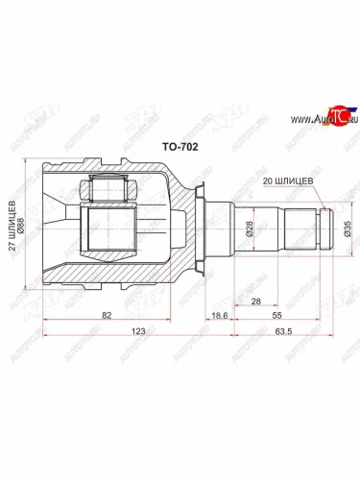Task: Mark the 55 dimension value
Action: pos(276,314)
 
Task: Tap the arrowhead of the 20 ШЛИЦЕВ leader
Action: pos(327,208)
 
